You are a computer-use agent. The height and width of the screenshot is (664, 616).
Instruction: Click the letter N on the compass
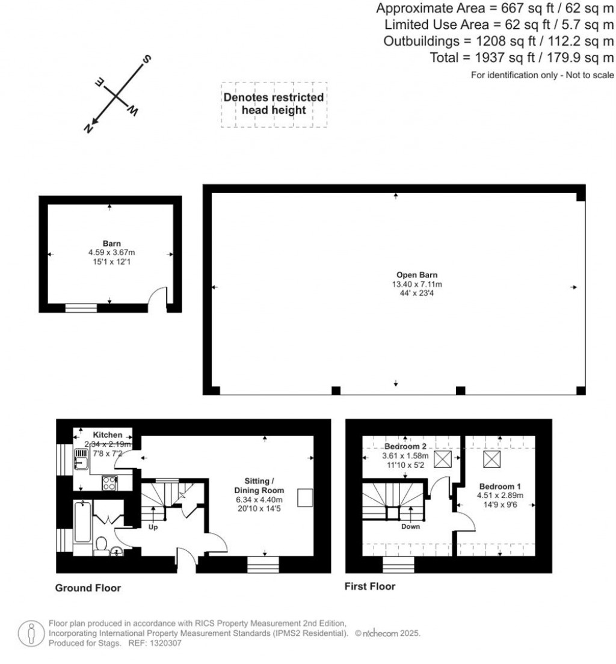[x=88, y=128]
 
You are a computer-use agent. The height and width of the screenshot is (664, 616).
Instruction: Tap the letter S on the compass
[x=145, y=60]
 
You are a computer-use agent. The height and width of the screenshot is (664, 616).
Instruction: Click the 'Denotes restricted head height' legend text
[x=274, y=103]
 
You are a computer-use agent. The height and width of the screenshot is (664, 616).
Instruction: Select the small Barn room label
[x=109, y=244]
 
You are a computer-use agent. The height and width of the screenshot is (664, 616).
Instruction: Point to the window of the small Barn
[x=81, y=308]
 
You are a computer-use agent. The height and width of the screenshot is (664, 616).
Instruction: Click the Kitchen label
[x=108, y=435]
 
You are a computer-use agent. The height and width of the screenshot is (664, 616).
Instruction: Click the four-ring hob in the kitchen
[x=110, y=483]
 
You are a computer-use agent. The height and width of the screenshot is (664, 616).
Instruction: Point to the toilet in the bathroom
[x=102, y=544]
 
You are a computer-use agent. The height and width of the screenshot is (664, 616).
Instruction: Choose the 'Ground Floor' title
[x=88, y=588]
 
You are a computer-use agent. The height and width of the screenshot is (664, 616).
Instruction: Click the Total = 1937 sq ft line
[x=522, y=58]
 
